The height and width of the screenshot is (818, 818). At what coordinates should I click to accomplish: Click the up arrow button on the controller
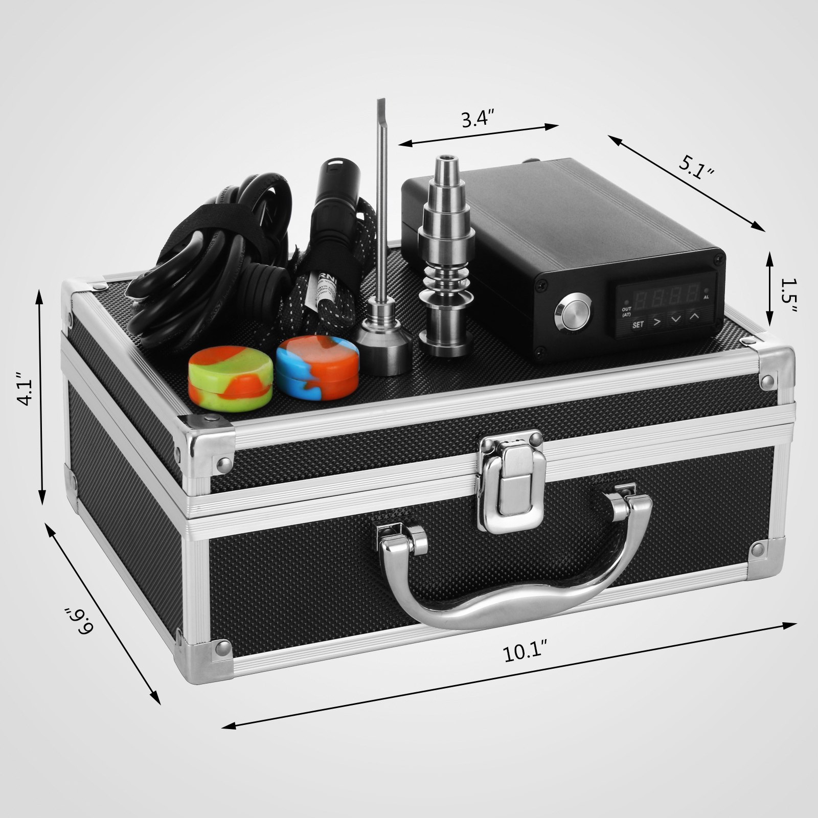[694, 317]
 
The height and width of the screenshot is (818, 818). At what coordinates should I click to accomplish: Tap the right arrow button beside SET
[656, 322]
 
